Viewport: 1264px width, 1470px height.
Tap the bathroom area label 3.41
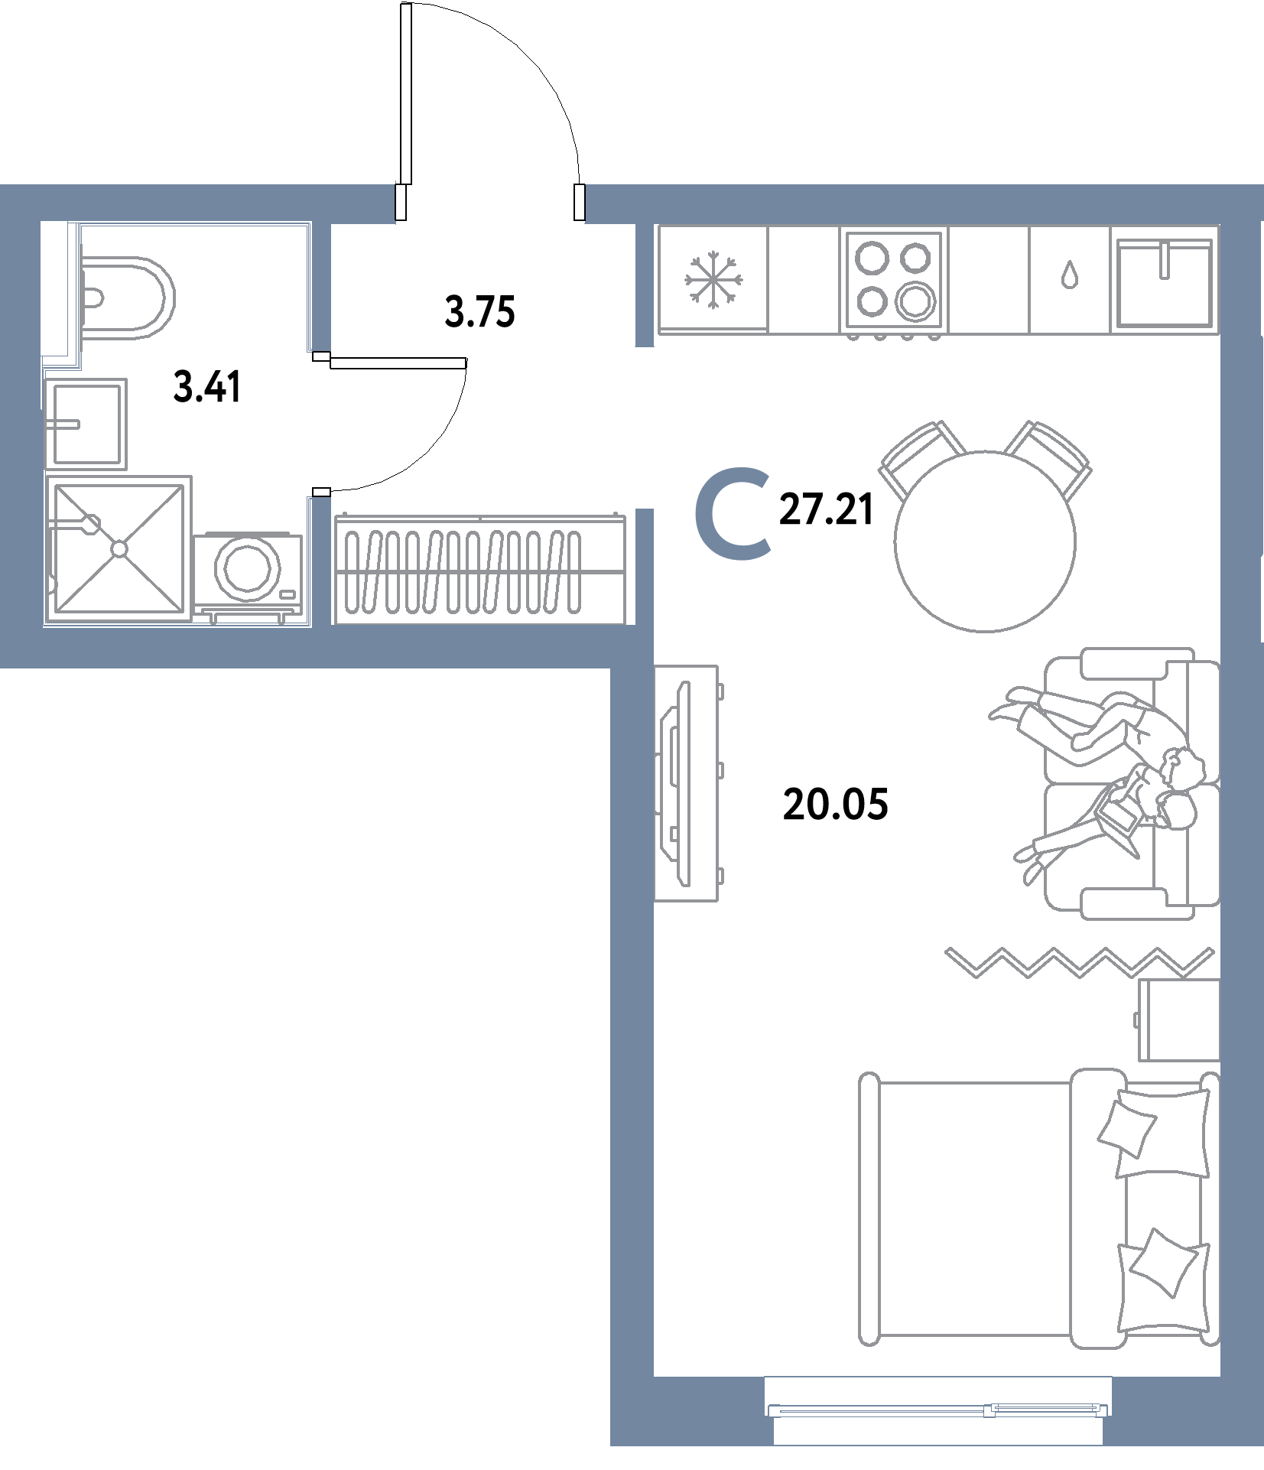(x=207, y=386)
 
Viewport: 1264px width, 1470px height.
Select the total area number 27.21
(x=826, y=509)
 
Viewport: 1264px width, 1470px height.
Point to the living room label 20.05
(x=835, y=805)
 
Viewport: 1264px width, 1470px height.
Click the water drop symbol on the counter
(x=1069, y=275)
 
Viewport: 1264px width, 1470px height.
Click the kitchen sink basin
(x=1164, y=283)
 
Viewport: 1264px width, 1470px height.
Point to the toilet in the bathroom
(x=126, y=298)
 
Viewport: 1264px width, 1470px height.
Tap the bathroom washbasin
(x=86, y=424)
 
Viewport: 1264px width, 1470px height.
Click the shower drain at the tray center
(x=119, y=548)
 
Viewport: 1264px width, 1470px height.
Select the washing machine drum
(x=247, y=568)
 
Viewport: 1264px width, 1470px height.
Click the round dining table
(x=985, y=541)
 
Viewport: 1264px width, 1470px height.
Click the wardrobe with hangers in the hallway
(x=480, y=570)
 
